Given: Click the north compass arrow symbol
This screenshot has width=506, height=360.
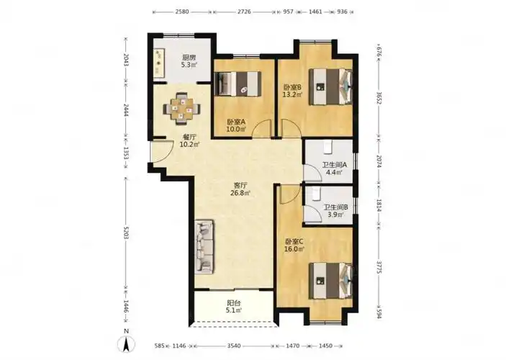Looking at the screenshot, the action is [x=127, y=344].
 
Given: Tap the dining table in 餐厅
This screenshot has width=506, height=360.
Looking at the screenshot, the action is [x=181, y=109].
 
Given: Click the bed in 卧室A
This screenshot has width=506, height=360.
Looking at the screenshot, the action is [x=238, y=84].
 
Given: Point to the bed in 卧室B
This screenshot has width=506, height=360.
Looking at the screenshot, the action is [x=330, y=86].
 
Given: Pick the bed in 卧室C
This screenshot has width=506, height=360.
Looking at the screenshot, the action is [x=330, y=281].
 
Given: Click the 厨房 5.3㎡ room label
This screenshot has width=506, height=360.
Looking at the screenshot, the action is [x=189, y=61].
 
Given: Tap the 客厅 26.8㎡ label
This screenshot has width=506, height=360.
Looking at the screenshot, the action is [x=240, y=189].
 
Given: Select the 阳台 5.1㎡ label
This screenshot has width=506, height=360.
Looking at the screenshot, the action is [x=234, y=307].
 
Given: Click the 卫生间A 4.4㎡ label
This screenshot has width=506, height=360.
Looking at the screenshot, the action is [x=334, y=168].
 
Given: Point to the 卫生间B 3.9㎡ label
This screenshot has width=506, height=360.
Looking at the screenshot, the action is [x=335, y=210].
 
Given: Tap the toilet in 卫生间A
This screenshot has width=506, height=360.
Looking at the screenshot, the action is [x=328, y=147].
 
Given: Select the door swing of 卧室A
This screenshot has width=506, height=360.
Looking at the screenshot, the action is [x=262, y=128].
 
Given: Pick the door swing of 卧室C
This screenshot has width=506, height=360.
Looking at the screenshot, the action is [x=290, y=194].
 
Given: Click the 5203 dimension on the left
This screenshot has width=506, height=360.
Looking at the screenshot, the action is [x=126, y=233].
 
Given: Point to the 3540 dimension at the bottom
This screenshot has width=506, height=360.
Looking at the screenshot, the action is [x=234, y=346].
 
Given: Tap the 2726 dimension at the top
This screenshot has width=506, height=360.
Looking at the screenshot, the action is [x=244, y=12].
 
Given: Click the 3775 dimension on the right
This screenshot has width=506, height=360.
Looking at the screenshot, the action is [x=379, y=266].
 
